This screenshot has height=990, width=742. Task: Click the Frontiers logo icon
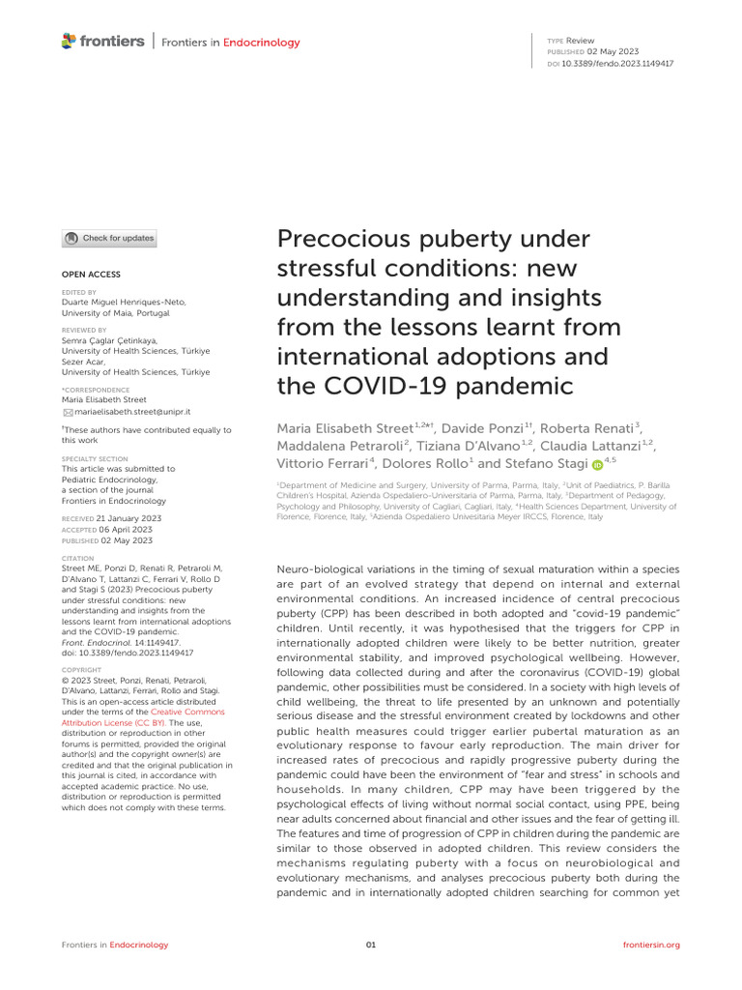pyautogui.click(x=69, y=42)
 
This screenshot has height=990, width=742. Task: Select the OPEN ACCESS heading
pyautogui.click(x=91, y=275)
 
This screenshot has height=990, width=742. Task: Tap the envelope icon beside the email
pyautogui.click(x=67, y=412)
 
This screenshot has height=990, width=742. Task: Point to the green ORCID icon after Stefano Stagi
pyautogui.click(x=596, y=464)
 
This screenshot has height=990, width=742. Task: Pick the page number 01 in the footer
pyautogui.click(x=371, y=945)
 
